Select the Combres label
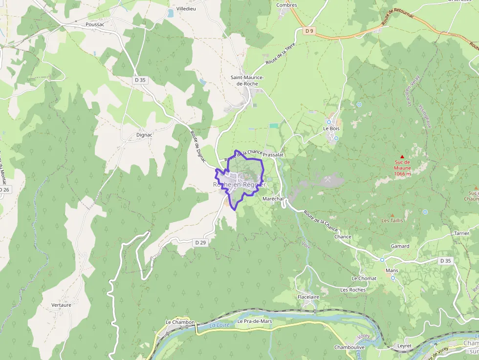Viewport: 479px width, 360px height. click(x=286, y=5)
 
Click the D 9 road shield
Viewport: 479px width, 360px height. click(x=309, y=31)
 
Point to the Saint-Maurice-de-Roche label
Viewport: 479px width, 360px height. click(x=247, y=81)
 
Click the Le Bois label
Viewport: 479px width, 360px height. click(x=331, y=128)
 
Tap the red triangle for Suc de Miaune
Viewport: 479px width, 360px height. click(x=402, y=156)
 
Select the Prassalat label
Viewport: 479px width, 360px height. click(x=273, y=154)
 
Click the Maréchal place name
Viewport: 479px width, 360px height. click(x=273, y=199)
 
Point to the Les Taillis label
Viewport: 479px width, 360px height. click(x=392, y=221)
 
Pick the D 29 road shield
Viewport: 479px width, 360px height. click(x=200, y=242)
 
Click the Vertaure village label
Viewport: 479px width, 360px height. click(x=61, y=305)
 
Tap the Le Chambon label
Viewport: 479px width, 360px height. click(x=180, y=322)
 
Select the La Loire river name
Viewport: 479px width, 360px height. click(x=219, y=325)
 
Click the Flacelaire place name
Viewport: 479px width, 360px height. click(x=308, y=296)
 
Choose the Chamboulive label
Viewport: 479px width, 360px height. click(x=349, y=347)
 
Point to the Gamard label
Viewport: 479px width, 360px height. click(x=400, y=246)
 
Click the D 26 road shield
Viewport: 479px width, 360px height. click(x=4, y=190)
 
